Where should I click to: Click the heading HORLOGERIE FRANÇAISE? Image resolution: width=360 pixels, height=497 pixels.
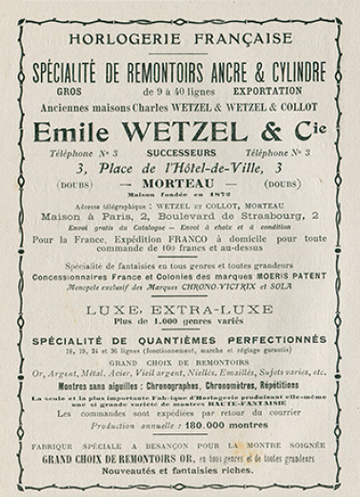180,39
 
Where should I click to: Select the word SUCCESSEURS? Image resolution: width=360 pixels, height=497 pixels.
178,151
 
